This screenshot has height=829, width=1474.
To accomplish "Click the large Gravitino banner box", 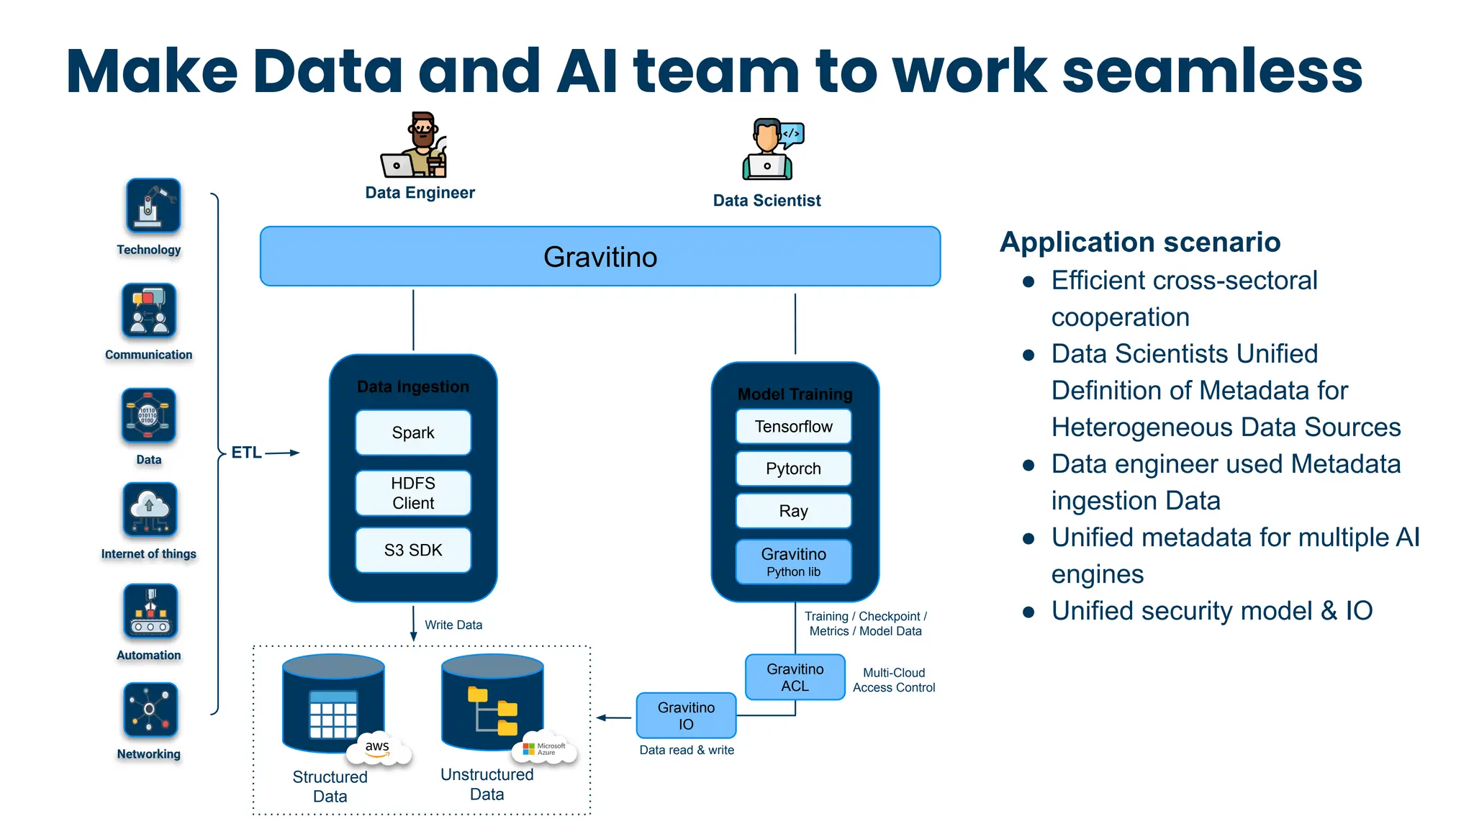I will pyautogui.click(x=600, y=256).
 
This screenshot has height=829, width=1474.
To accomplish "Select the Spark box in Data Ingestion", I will pyautogui.click(x=413, y=432).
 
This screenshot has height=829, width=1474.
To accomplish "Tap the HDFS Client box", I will pyautogui.click(x=413, y=493).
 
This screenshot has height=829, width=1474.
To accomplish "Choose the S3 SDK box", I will pyautogui.click(x=413, y=551).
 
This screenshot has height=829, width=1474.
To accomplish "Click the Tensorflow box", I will pyautogui.click(x=793, y=427).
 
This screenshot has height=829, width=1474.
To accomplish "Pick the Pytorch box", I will pyautogui.click(x=793, y=468).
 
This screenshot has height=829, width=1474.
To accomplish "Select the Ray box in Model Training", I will pyautogui.click(x=793, y=511).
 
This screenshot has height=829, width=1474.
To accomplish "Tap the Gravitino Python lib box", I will pyautogui.click(x=793, y=562).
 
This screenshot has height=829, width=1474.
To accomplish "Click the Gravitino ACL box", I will pyautogui.click(x=795, y=677).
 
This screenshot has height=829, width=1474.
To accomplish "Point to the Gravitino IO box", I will pyautogui.click(x=686, y=715).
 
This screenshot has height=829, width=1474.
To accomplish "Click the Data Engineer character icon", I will pyautogui.click(x=415, y=146).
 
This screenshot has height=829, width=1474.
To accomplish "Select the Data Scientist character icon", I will pyautogui.click(x=772, y=150).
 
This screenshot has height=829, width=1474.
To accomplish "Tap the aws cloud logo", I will pyautogui.click(x=379, y=750).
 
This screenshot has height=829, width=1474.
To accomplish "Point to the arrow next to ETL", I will pyautogui.click(x=282, y=453).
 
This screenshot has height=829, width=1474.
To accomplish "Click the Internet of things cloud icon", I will pyautogui.click(x=149, y=509).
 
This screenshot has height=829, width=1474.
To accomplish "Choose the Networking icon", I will pyautogui.click(x=149, y=710).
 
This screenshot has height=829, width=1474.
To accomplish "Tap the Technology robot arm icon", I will pyautogui.click(x=153, y=205).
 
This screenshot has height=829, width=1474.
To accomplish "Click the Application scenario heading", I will pyautogui.click(x=1139, y=242).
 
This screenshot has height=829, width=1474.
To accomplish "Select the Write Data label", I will pyautogui.click(x=453, y=625).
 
